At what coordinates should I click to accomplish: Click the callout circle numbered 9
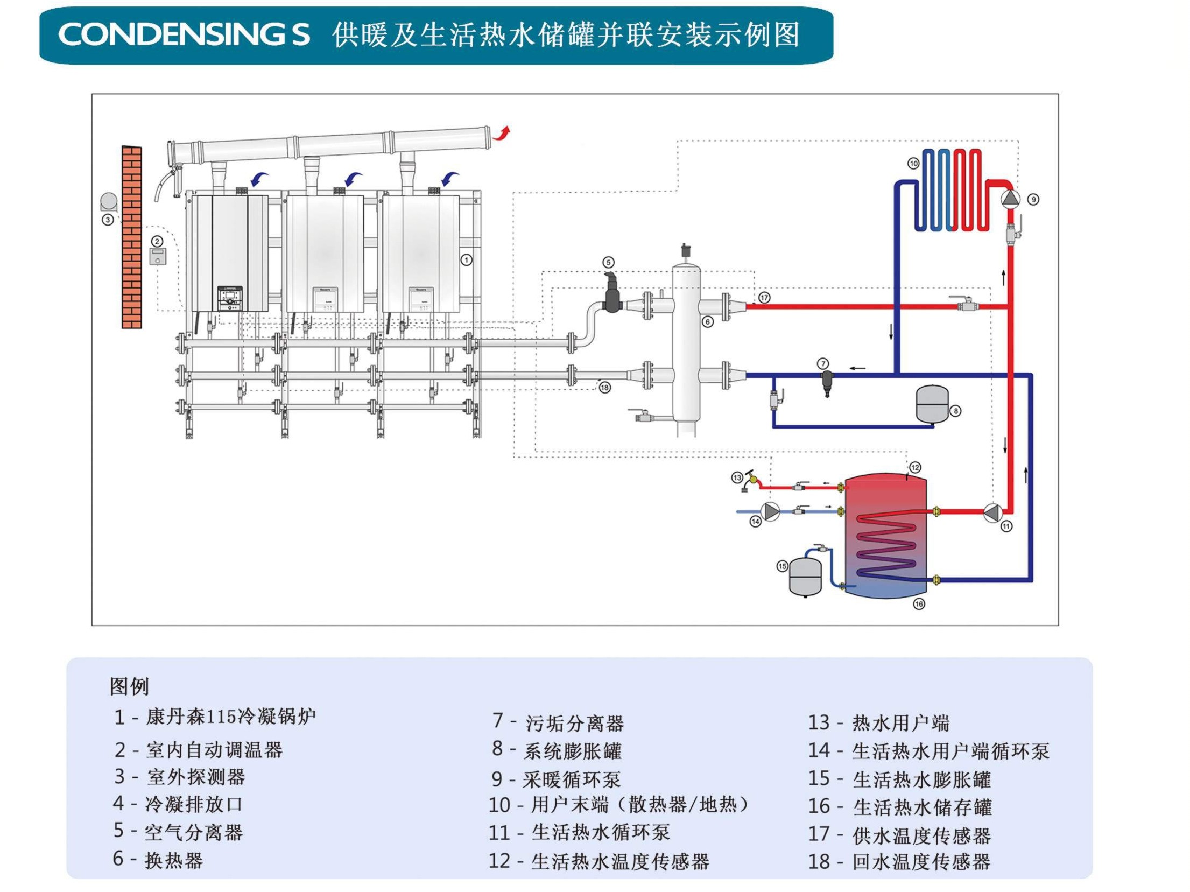[1033, 200]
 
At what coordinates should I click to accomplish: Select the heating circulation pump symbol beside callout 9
[1010, 199]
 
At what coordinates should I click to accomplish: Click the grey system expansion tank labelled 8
[932, 403]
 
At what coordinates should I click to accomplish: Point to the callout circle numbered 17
[764, 298]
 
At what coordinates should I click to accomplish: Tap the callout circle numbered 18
[605, 387]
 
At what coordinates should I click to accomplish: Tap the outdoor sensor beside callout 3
[109, 201]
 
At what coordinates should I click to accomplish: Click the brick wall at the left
[131, 237]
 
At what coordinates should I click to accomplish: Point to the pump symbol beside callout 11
[991, 512]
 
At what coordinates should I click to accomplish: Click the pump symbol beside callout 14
[771, 511]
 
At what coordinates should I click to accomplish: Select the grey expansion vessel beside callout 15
[805, 577]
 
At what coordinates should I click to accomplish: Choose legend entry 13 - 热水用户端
[878, 722]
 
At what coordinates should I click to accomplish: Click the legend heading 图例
[129, 686]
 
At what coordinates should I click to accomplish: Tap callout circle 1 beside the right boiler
[466, 260]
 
